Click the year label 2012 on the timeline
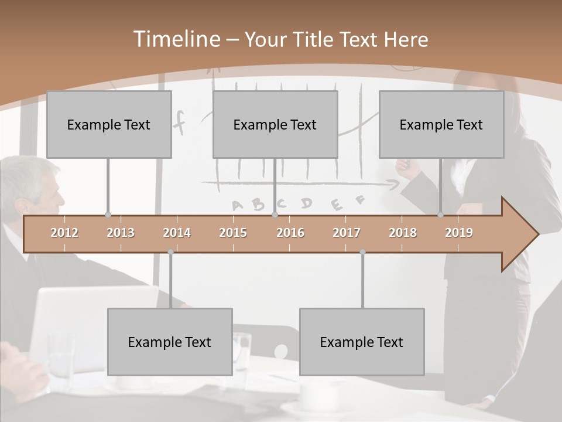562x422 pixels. pos(64,233)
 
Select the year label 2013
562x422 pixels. pos(121,233)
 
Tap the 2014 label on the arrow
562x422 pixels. pos(177,233)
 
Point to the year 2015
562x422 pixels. pos(233,233)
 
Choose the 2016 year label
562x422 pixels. pos(290,233)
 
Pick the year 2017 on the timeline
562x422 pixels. pos(347,233)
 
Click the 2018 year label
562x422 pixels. pos(403,233)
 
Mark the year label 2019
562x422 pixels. pos(459,233)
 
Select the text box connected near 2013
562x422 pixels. pos(109,124)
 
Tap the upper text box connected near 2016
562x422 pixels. pos(275,124)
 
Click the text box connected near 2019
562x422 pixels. pos(441,124)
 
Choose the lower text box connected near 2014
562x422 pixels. pos(170,342)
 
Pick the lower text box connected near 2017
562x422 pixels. pos(362,342)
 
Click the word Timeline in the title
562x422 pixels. pos(176,39)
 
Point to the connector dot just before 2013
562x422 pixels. pos(108,215)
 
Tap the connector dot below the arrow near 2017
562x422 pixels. pos(362,252)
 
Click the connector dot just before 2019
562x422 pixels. pos(440,215)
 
